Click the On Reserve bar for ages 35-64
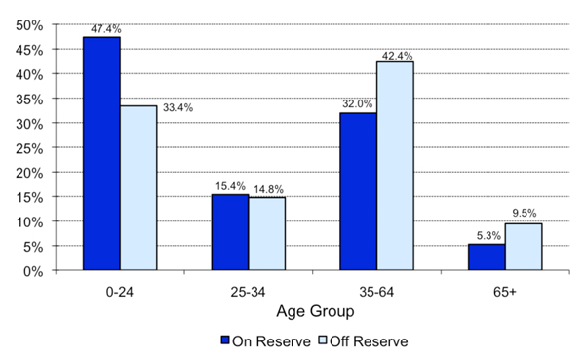(x=358, y=192)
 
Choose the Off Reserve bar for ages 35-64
(x=395, y=166)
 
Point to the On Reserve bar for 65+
(x=486, y=258)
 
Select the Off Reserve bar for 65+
(x=523, y=247)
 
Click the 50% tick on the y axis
(x=28, y=24)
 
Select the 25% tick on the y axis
(x=28, y=147)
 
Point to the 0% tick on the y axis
(x=31, y=271)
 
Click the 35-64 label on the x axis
(x=375, y=290)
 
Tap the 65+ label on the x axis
(x=504, y=290)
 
